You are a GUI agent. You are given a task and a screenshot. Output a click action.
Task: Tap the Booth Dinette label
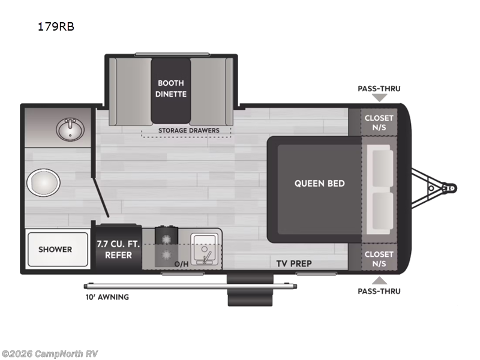coord(172,88)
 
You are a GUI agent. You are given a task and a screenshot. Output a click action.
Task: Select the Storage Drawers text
coord(188,130)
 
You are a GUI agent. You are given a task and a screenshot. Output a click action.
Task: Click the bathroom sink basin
coord(71,128)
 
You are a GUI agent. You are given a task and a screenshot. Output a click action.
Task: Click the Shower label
coord(55,249)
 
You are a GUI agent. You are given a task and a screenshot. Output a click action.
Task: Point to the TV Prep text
coord(294,263)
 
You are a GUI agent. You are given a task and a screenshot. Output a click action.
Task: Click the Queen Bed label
coord(319,183)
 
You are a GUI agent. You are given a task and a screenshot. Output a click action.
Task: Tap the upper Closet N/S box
coord(379,122)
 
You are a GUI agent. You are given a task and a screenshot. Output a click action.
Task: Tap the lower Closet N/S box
coord(379,258)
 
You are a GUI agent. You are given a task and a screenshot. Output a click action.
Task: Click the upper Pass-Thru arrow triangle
coord(379,98)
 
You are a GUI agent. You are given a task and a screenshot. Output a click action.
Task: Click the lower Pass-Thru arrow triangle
coord(379,281)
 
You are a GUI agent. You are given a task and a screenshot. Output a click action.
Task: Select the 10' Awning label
coord(107,296)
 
